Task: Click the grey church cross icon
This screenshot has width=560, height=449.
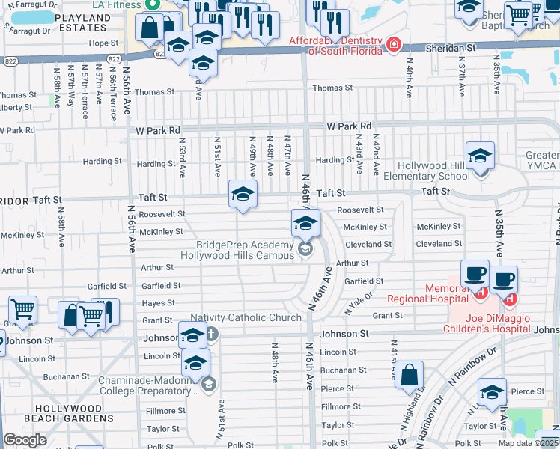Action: coord(212,334)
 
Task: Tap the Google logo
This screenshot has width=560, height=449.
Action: coord(25,439)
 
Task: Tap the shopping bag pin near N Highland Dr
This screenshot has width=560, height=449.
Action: coord(410,377)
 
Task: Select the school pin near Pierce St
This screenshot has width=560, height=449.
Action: coord(492,394)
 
